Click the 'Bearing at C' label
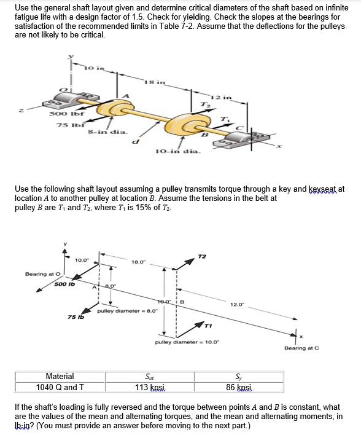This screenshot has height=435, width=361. coord(300,348)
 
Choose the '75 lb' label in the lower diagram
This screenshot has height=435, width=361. coord(76,317)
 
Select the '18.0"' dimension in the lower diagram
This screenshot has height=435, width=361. coord(139,262)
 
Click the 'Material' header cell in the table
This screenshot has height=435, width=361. coord(60,376)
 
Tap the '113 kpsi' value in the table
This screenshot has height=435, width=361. coord(150,387)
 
